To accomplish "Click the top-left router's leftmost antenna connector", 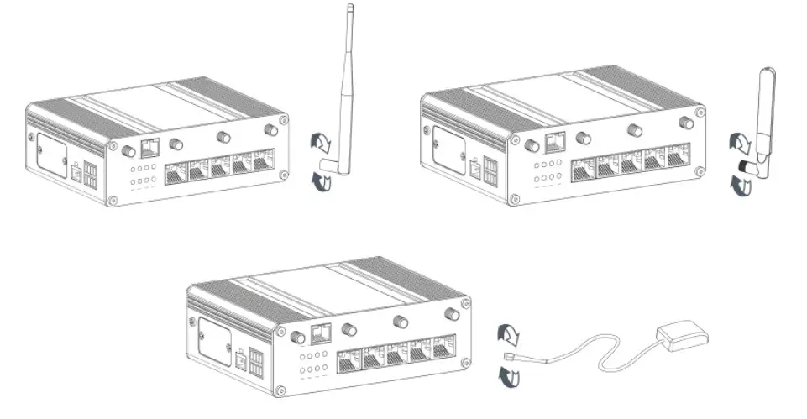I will [129, 152].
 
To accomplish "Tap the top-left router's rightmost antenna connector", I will [270, 130].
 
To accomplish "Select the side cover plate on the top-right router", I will [448, 151].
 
